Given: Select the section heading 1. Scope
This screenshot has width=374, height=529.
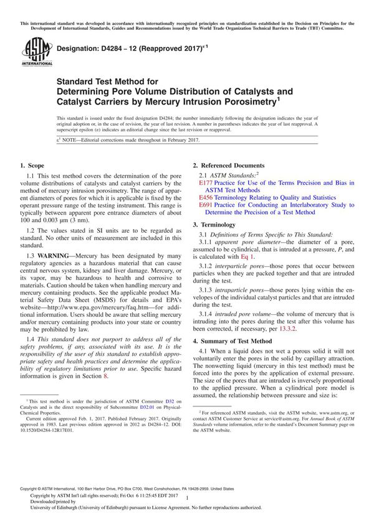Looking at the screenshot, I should pos(32,166).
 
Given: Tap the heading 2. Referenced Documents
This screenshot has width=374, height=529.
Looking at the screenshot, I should pos(228,166).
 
